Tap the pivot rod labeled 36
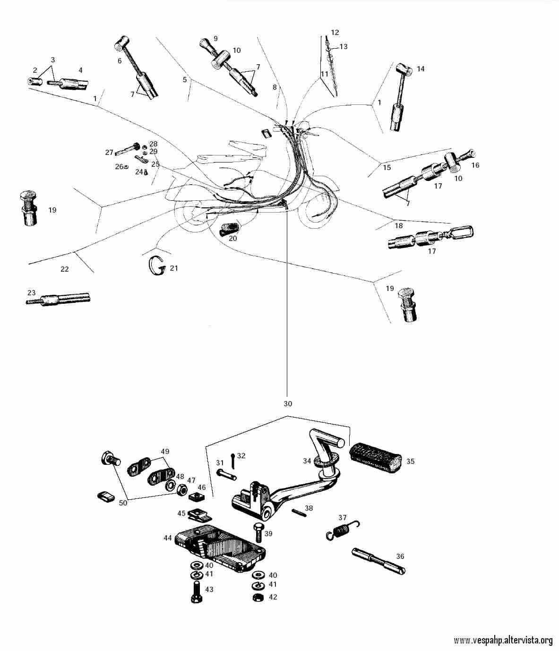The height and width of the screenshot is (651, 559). (x=378, y=561)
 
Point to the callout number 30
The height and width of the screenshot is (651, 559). (x=288, y=403)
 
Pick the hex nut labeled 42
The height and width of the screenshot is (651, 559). (x=258, y=597)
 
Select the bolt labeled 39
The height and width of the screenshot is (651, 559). (x=258, y=532)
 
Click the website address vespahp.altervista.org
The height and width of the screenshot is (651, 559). (x=503, y=641)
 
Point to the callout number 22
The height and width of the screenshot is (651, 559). (x=65, y=269)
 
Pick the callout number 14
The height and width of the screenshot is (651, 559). (x=421, y=69)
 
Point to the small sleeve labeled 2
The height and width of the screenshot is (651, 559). (x=33, y=81)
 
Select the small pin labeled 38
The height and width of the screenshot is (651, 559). (x=299, y=513)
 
